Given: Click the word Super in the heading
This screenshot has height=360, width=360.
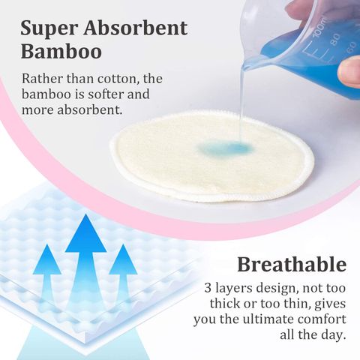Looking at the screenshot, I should coord(49,29).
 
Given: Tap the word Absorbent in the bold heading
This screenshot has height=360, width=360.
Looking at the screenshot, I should coord(134,29).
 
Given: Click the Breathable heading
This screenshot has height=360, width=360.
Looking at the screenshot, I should coord(292,265).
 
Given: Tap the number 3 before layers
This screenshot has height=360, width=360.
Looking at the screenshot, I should coord(208,288).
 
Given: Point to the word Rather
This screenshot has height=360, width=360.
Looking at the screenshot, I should coord(41,79).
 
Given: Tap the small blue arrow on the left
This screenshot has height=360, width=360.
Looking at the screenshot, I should coord(47,277).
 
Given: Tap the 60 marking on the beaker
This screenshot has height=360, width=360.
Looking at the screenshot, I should coord(351,48).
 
